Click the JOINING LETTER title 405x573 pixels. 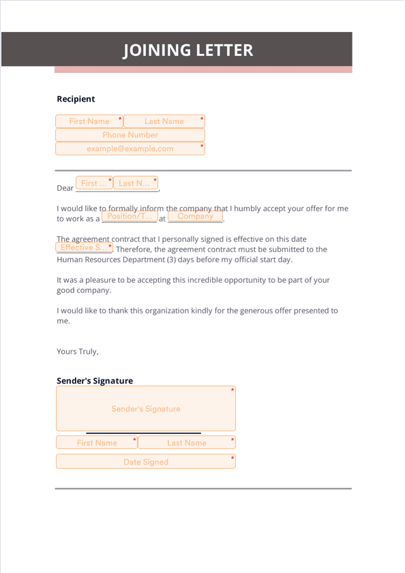tap(187, 50)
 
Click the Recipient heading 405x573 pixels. tap(76, 99)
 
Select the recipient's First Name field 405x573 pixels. tap(89, 121)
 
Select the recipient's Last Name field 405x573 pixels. tap(164, 121)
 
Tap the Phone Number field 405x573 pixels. tap(130, 135)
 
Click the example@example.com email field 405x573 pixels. tap(130, 149)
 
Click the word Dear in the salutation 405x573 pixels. tap(65, 188)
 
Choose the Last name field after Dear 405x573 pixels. tap(135, 183)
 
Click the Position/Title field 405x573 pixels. tap(129, 217)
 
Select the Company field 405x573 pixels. tap(195, 217)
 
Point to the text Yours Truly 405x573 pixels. tap(78, 352)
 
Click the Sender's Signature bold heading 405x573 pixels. tap(95, 381)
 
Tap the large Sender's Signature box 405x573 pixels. tap(146, 409)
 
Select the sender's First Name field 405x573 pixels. tap(97, 443)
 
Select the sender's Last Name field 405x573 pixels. tap(186, 443)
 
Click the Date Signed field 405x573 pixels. tap(146, 462)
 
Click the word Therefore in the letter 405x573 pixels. tap(137, 249)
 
